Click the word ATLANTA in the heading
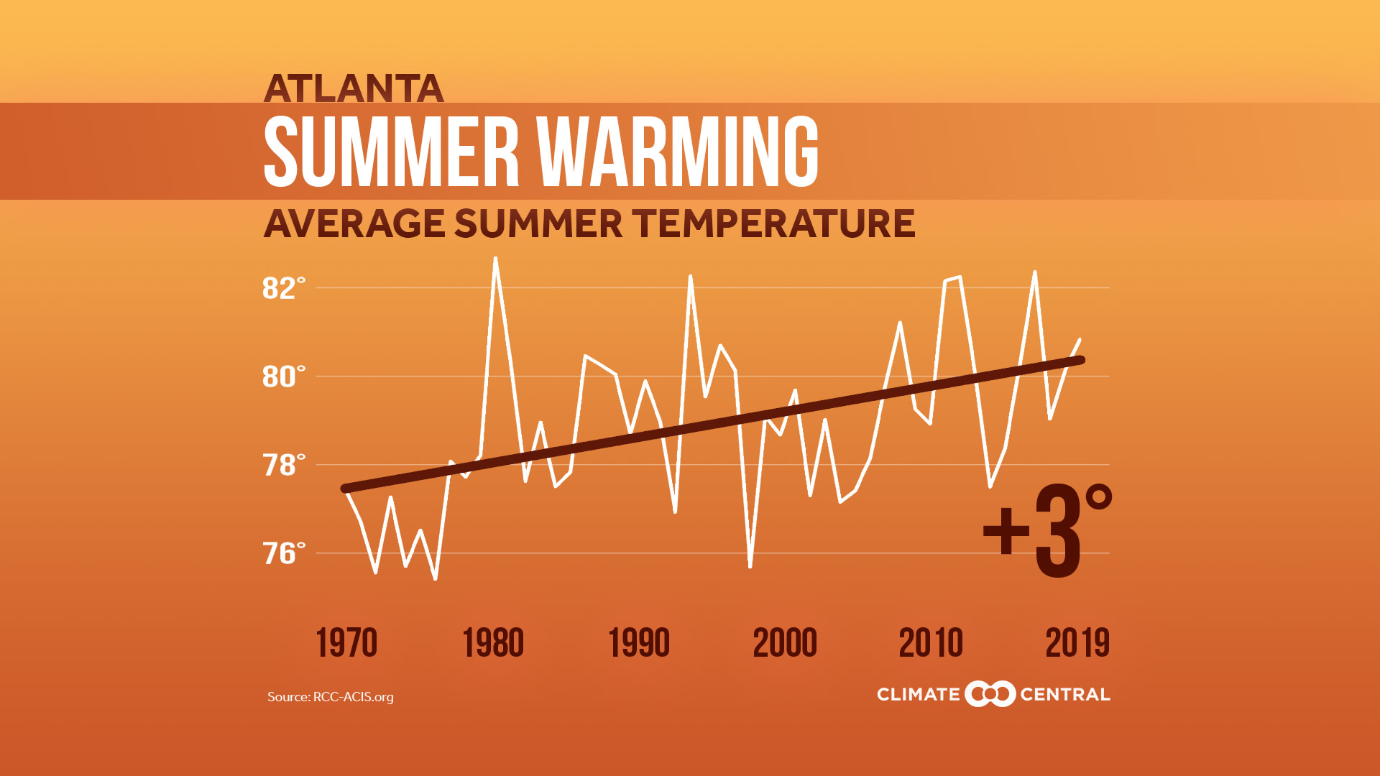click(353, 89)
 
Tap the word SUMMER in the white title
click(391, 152)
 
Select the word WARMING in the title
click(677, 152)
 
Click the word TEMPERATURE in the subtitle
click(773, 223)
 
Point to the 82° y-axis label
click(283, 288)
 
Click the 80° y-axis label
click(283, 377)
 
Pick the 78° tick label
click(283, 465)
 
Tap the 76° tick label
click(283, 553)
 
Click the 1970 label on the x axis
click(346, 642)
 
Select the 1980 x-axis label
click(493, 642)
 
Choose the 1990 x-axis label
click(639, 642)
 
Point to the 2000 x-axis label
click(785, 642)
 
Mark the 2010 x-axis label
click(931, 642)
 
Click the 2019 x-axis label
click(1077, 642)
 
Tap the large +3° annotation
click(1047, 532)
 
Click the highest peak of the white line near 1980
click(495, 259)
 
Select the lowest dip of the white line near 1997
click(750, 566)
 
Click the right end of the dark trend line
click(1080, 360)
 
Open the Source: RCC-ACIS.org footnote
click(330, 697)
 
